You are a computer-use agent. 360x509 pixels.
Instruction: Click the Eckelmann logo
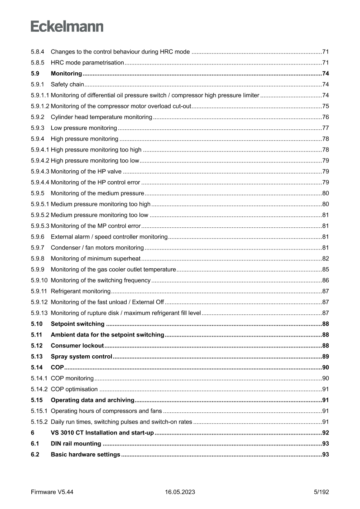[x=67, y=27]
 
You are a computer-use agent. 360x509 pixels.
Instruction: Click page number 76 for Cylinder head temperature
[x=325, y=117]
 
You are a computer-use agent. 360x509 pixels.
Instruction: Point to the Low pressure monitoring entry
[x=84, y=128]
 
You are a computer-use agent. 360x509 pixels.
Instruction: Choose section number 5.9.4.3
[x=40, y=172]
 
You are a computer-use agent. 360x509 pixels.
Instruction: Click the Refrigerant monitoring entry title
[x=81, y=291]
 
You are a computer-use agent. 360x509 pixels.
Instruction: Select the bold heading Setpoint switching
[x=77, y=324]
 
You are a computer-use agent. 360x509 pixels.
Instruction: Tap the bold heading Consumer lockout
[x=77, y=346]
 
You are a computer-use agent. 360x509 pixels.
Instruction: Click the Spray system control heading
[x=81, y=357]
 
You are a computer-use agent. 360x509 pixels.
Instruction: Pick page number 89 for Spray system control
[x=325, y=357]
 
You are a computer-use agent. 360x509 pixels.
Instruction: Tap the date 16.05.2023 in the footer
[x=180, y=492]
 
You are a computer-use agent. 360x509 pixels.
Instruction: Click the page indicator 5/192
[x=321, y=492]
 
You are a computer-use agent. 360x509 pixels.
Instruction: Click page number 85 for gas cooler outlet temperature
[x=325, y=270]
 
